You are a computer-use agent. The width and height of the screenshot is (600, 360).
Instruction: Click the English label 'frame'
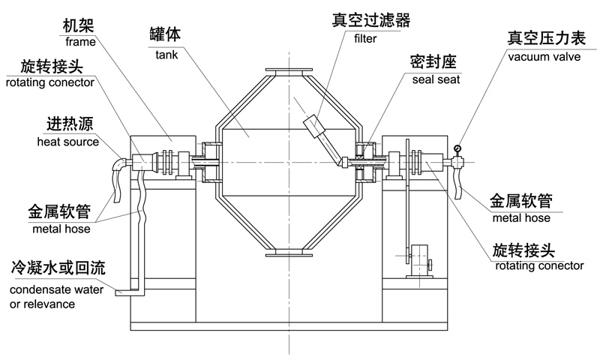[80, 42]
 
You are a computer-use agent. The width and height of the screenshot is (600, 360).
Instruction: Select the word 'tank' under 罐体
[166, 55]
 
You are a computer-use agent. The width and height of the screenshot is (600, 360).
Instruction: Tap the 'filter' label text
[365, 39]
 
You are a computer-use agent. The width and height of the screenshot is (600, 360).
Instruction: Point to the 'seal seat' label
[436, 79]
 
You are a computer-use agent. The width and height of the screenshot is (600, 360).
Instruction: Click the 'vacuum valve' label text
[544, 57]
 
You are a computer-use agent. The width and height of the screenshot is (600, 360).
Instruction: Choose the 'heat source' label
[68, 142]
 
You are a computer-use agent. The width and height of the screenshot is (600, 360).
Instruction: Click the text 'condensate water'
[57, 289]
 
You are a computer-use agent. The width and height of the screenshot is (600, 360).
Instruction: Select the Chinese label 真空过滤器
[370, 20]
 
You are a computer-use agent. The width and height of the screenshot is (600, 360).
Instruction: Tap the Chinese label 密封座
[433, 62]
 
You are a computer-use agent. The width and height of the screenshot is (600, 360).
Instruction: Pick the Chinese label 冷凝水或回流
[58, 268]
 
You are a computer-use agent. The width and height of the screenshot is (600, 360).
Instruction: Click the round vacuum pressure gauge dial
[457, 148]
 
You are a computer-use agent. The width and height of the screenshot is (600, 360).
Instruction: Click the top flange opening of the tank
[289, 71]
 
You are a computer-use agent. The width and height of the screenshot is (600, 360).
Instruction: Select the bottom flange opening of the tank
[289, 253]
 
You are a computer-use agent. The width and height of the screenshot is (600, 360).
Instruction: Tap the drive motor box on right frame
[418, 260]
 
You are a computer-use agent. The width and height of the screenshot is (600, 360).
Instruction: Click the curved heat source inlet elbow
[119, 166]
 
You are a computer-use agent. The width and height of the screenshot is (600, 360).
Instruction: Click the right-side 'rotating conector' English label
[539, 266]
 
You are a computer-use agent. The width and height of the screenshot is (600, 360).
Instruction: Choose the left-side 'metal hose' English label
[61, 229]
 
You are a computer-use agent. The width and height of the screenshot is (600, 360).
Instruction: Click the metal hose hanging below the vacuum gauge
[457, 183]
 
